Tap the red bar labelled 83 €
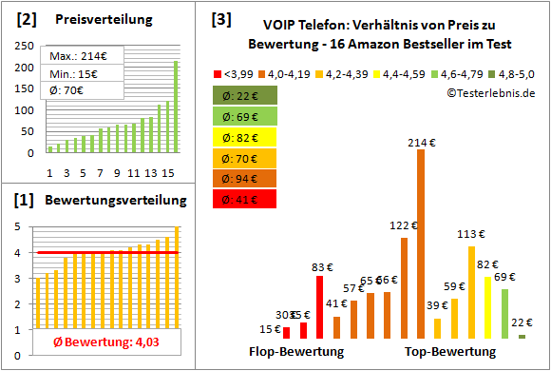[x=320, y=306]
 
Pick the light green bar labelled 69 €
[x=505, y=313]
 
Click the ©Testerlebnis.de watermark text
[x=487, y=91]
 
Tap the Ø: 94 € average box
[x=246, y=178]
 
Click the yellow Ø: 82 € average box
[x=246, y=136]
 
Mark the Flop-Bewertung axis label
[x=296, y=351]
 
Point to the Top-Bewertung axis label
[x=450, y=351]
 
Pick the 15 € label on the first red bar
[x=272, y=329]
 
